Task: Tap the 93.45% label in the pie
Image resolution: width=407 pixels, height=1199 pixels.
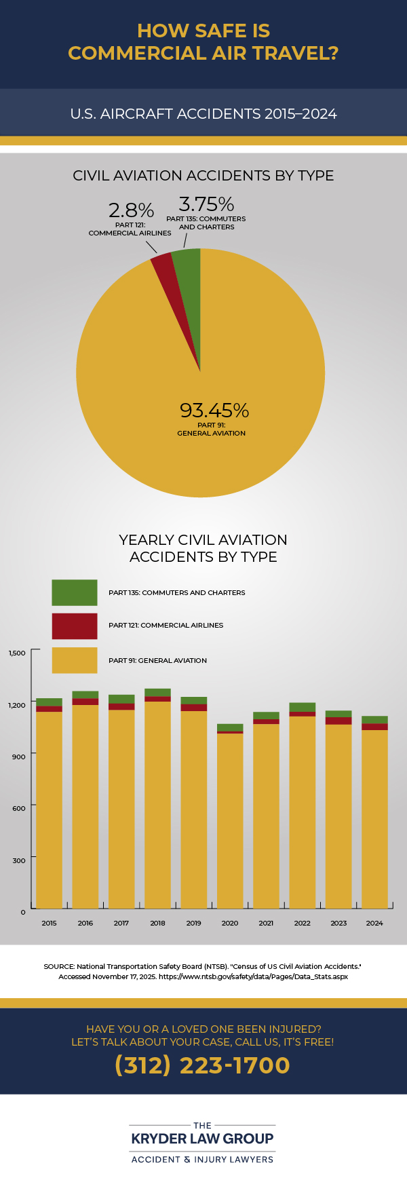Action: (214, 411)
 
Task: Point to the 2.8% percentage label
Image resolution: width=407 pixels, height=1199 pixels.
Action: (131, 210)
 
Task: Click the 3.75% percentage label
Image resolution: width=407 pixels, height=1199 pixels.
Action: (206, 204)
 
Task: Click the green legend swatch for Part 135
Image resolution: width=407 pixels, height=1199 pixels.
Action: (75, 592)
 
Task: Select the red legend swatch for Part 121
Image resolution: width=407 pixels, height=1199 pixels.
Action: (75, 626)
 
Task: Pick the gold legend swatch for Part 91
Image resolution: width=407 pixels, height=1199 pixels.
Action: (75, 660)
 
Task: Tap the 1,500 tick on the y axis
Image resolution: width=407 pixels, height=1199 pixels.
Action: (17, 653)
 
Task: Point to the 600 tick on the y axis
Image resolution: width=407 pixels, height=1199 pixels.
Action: (18, 808)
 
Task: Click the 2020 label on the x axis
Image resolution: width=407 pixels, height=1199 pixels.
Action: (230, 923)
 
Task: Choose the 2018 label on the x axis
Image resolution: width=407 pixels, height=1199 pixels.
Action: (157, 923)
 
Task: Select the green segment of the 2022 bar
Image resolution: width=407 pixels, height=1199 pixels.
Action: (302, 707)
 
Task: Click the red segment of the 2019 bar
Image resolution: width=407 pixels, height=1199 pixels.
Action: (193, 708)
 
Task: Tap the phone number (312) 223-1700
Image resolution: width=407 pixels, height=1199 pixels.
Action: (203, 1065)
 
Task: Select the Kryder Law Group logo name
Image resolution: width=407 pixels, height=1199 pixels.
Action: (202, 1139)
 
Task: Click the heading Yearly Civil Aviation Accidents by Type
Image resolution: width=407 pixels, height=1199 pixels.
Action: (203, 548)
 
